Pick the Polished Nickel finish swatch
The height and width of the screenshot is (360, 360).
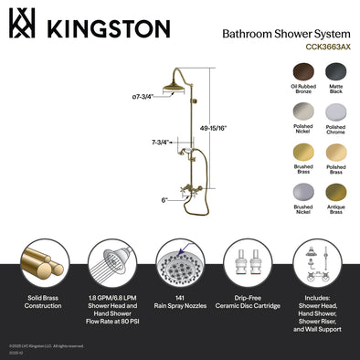[x=293, y=113]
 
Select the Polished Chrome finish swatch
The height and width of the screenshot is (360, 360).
[x=335, y=113]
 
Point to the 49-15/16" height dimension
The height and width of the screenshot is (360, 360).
[x=237, y=130]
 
